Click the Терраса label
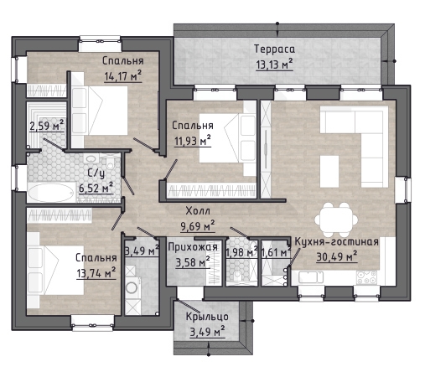(x=274, y=49)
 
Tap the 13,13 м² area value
(x=274, y=65)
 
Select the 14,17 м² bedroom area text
(x=123, y=76)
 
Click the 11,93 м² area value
(x=193, y=141)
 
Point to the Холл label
(x=198, y=211)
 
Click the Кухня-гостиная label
(x=337, y=241)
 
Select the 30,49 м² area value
(x=337, y=256)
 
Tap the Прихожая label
(x=193, y=247)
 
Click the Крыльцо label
(x=207, y=317)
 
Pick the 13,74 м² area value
(x=96, y=272)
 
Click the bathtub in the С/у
(x=51, y=193)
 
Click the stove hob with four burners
(x=366, y=277)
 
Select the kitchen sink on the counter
(x=311, y=277)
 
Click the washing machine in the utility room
(x=132, y=287)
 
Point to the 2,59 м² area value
(x=47, y=126)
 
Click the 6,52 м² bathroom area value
(x=96, y=188)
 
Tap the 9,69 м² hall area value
(x=198, y=225)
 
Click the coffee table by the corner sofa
(x=329, y=172)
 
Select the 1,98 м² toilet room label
(x=241, y=252)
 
